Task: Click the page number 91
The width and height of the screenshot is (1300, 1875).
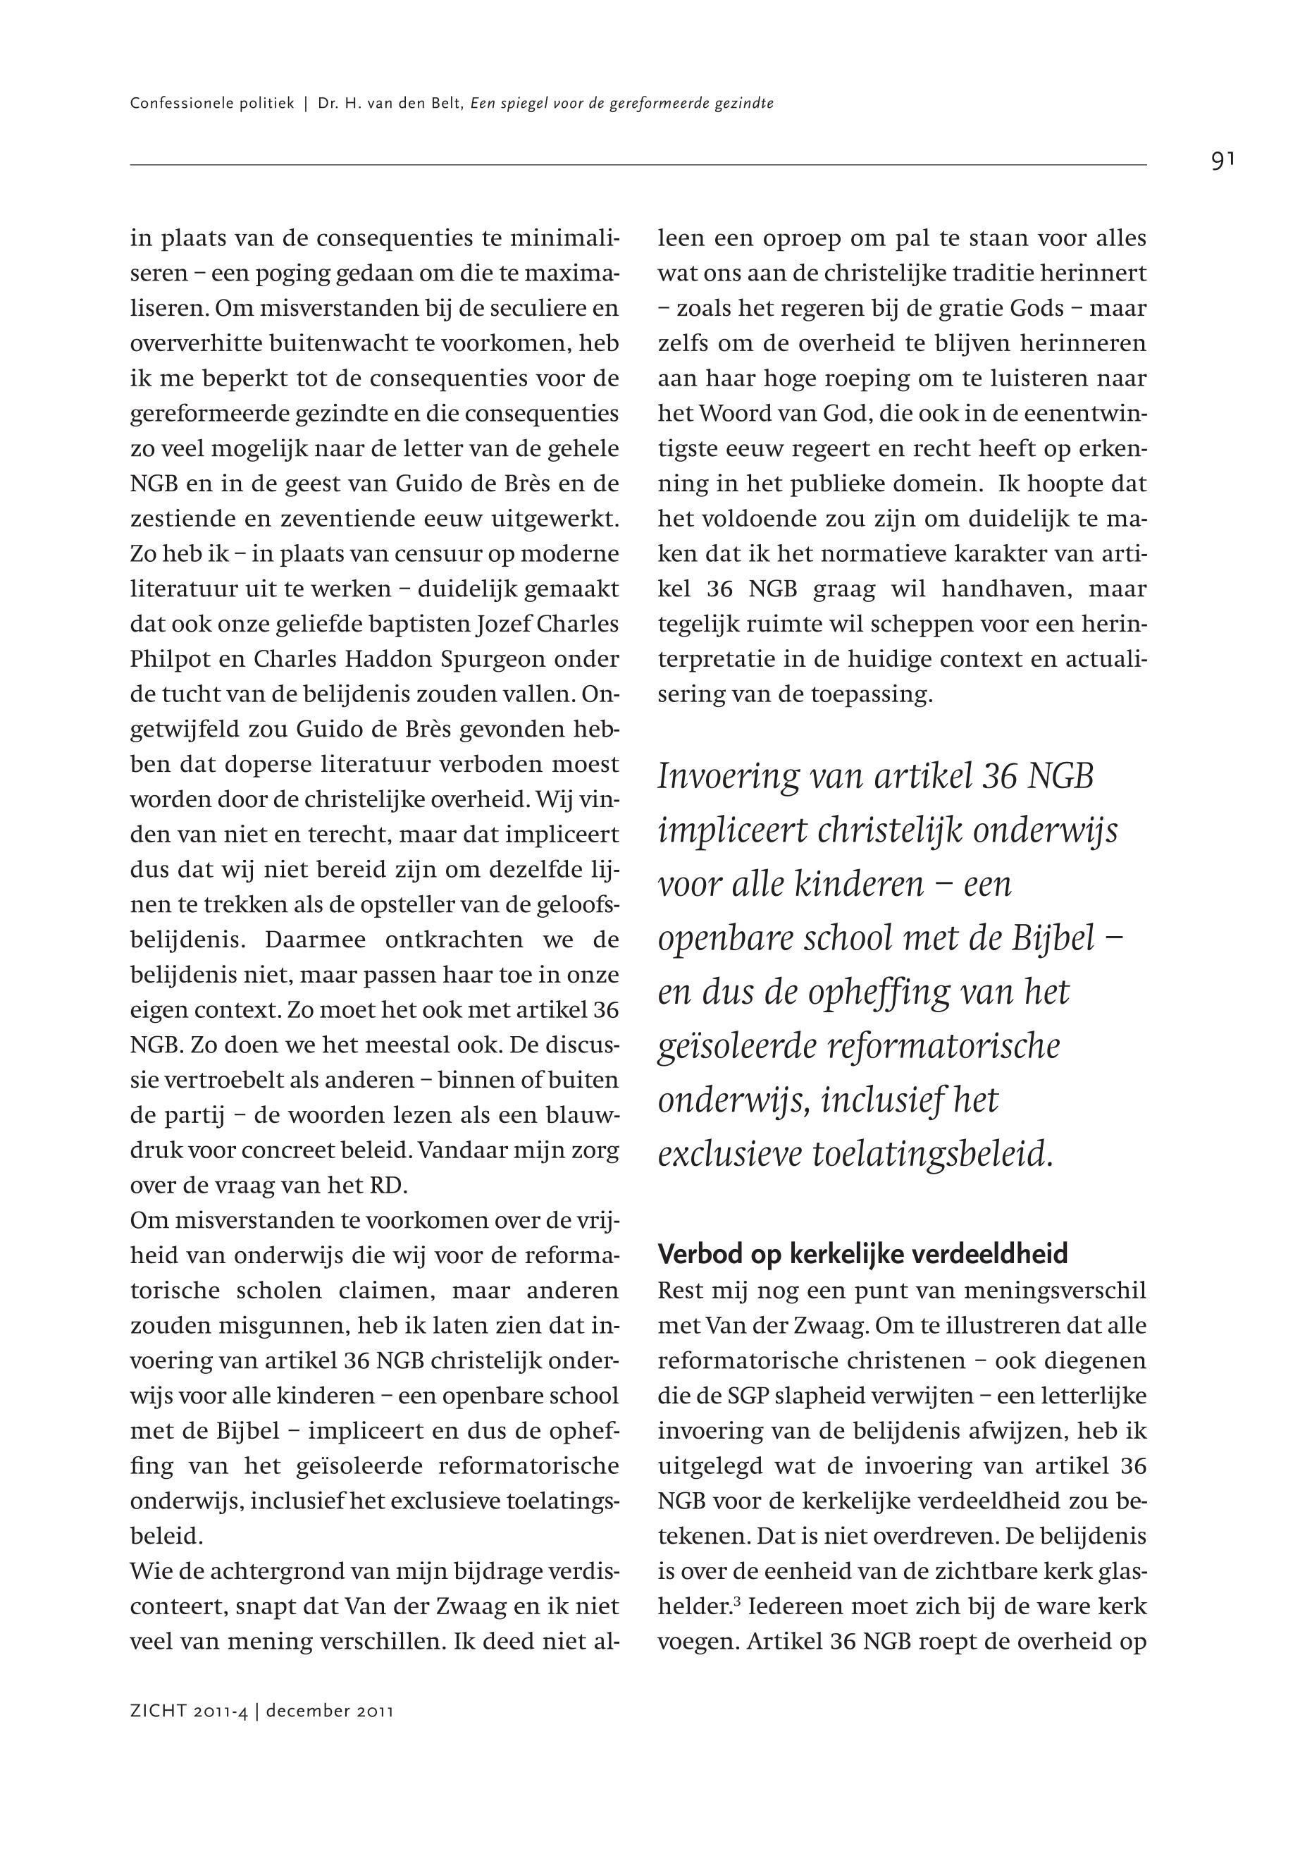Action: click(x=1222, y=161)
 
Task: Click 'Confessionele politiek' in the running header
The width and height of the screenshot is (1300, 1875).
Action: click(x=212, y=104)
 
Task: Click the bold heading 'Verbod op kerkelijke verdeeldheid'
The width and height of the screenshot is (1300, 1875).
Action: click(x=862, y=1254)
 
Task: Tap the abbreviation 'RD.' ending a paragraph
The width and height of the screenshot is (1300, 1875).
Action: click(x=388, y=1186)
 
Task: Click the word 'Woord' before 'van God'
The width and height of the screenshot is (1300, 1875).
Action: click(x=733, y=414)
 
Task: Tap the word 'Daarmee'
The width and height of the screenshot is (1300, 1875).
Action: click(x=312, y=940)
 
